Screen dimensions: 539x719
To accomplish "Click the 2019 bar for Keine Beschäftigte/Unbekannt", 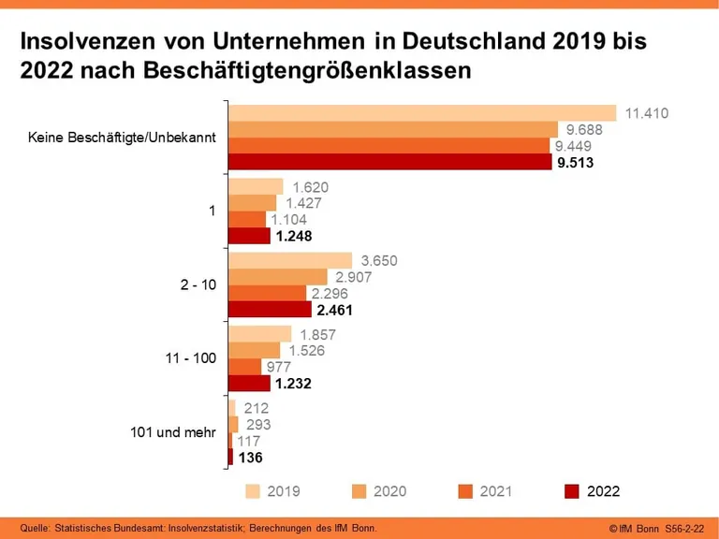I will pos(422,113).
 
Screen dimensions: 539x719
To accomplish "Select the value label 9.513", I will pos(575,163).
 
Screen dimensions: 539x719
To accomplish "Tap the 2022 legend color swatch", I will pos(573,490).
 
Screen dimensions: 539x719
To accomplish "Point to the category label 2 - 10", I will pos(198,284).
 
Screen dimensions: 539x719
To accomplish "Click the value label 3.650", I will pos(379,260).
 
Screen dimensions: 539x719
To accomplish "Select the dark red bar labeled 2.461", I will pos(271,310).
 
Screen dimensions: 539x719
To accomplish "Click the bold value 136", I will pos(250,458).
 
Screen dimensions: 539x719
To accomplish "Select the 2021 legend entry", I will pos(495,490).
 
